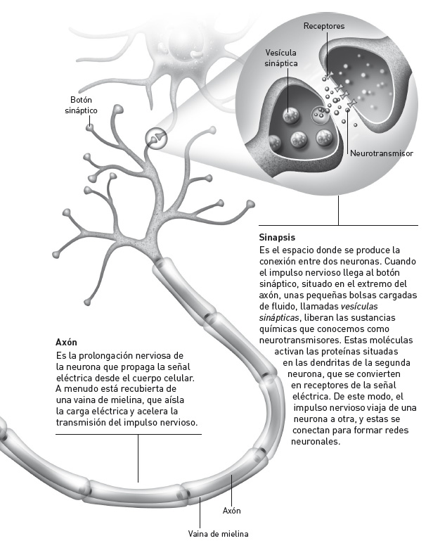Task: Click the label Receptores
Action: point(323,26)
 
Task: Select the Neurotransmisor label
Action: point(381,153)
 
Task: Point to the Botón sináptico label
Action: point(81,106)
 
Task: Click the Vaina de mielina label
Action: point(218,533)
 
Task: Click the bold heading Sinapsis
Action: point(276,237)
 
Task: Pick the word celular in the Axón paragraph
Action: point(178,377)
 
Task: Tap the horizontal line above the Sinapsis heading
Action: point(338,225)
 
